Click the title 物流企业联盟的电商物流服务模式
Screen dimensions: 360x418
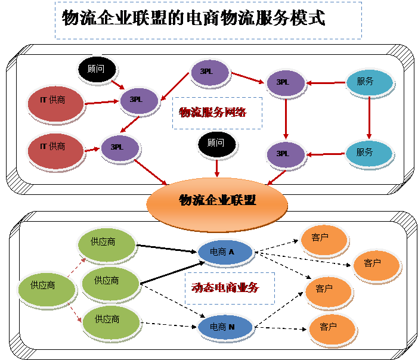point(194,18)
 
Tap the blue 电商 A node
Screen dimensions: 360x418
point(225,253)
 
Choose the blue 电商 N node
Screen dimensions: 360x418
point(225,327)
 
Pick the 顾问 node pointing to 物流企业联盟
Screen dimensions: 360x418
point(217,145)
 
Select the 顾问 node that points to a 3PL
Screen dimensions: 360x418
point(97,69)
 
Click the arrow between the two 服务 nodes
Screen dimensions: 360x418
point(370,117)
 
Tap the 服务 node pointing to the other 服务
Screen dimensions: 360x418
point(369,82)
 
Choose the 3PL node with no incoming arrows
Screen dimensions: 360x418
point(209,72)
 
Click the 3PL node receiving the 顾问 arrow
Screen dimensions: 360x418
point(139,100)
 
